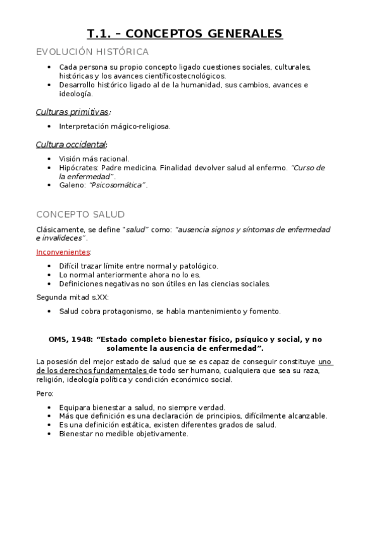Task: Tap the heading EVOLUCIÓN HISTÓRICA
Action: [92, 52]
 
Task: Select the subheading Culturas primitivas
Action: [71, 112]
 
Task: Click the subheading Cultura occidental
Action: [70, 144]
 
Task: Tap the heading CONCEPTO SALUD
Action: [80, 214]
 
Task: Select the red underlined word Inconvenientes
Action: [63, 252]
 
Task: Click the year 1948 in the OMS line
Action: [81, 339]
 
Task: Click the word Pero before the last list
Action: [44, 393]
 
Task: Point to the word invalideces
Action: [62, 238]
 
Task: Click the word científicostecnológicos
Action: [189, 75]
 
